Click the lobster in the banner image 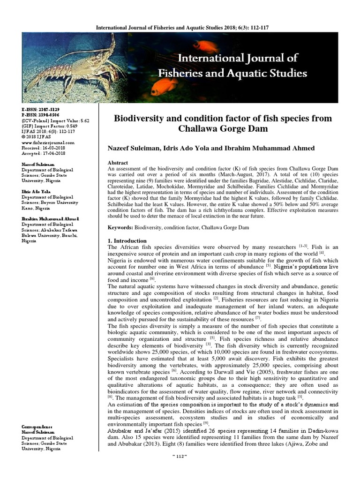[70, 66]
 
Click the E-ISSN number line [41, 109]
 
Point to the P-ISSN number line [41, 114]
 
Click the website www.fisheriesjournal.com [48, 142]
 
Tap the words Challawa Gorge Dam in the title [221, 129]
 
